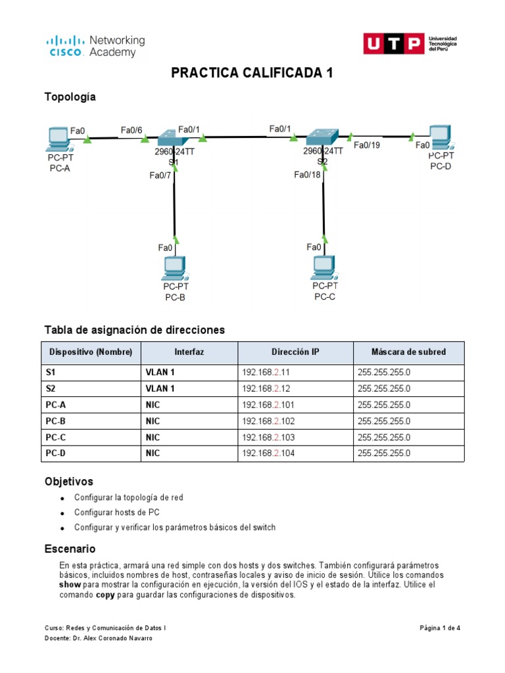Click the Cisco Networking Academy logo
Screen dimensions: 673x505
click(95, 47)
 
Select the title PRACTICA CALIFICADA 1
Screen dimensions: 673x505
click(252, 73)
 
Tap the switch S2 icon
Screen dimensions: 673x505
click(322, 137)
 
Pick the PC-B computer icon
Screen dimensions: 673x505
click(175, 267)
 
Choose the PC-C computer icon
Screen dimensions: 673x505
click(324, 266)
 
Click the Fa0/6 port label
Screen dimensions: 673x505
click(132, 130)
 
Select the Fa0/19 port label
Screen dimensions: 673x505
click(366, 145)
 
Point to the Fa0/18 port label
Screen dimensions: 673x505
click(307, 174)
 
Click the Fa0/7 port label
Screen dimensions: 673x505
click(160, 175)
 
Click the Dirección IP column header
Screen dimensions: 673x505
click(295, 352)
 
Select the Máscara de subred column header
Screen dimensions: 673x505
click(408, 352)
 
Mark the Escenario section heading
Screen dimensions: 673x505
click(70, 548)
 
